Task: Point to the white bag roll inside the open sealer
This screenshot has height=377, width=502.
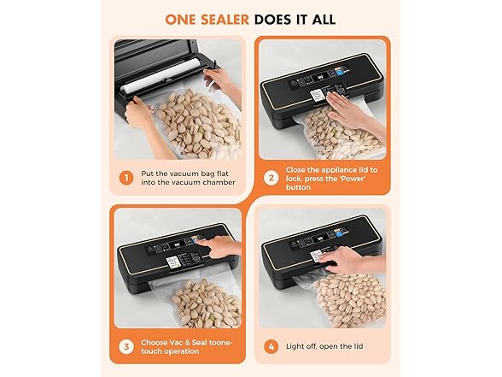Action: click(158, 87)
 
